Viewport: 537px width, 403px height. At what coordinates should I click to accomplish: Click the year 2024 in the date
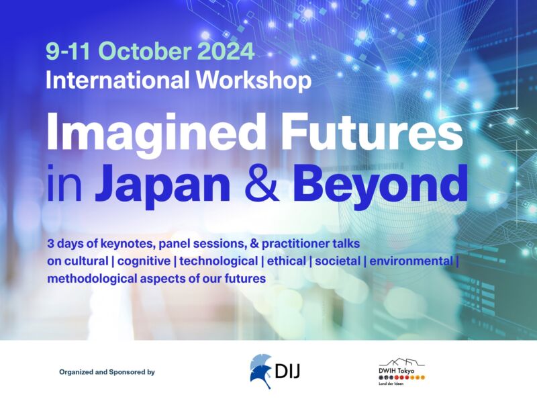(x=226, y=51)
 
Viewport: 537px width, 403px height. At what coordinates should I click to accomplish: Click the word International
(x=117, y=80)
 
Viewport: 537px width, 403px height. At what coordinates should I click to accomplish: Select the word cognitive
(x=144, y=261)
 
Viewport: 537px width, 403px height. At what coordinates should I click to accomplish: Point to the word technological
(x=219, y=261)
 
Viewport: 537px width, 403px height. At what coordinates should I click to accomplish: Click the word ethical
(x=287, y=261)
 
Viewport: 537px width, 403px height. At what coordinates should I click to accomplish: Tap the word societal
(x=338, y=261)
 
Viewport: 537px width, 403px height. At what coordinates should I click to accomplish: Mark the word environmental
(x=411, y=261)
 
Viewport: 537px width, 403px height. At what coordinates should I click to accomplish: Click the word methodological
(x=92, y=279)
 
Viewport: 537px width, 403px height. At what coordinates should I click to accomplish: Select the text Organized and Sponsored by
(x=107, y=372)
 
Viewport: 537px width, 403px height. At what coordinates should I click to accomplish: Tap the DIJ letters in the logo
(x=287, y=371)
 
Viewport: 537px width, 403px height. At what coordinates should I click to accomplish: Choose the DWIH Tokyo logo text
(x=396, y=371)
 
